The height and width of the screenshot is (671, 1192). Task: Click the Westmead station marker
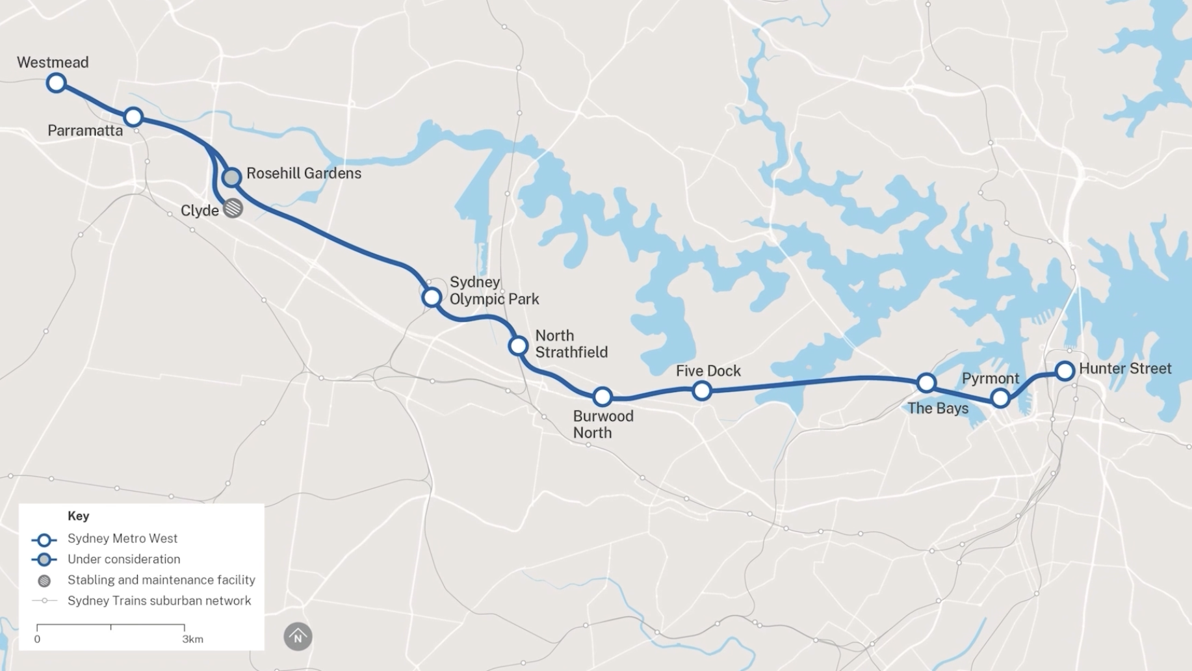57,83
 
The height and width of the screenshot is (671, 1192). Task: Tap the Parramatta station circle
133,117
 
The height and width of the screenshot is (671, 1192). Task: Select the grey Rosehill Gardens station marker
231,177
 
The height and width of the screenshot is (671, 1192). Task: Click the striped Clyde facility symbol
233,208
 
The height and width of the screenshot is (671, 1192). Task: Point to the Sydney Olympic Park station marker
432,297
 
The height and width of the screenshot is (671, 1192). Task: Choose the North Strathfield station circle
518,345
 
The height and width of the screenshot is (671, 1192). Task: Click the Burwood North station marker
602,396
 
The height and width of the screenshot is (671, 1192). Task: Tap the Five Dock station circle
701,391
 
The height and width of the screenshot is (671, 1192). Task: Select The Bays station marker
926,383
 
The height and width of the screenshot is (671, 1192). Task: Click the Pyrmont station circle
1000,398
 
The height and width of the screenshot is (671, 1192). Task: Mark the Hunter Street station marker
1065,371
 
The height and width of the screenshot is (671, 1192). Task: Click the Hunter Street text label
1125,369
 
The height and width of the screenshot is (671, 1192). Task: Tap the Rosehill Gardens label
304,174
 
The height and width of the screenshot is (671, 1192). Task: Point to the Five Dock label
708,371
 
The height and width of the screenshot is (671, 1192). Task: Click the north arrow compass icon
298,637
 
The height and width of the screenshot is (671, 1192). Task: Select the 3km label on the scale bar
192,639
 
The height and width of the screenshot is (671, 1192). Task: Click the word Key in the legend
78,516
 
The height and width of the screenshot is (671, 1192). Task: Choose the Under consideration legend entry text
123,559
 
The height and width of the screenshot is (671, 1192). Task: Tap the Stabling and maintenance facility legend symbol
44,581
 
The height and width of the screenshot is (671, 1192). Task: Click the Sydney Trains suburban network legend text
159,601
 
